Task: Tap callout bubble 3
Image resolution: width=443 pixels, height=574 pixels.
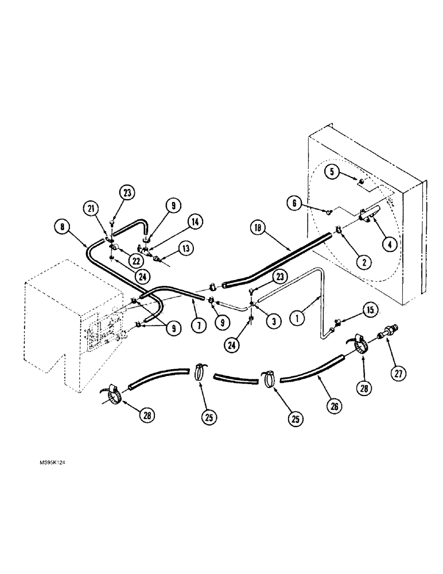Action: click(x=273, y=322)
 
